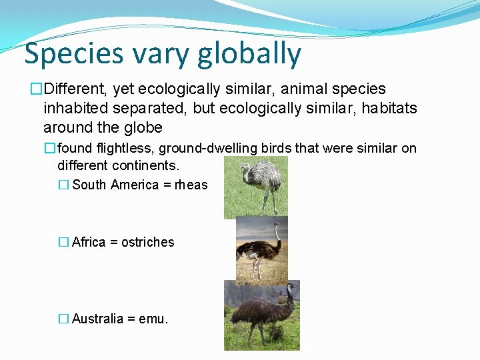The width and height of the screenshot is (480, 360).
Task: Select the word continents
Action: (x=147, y=164)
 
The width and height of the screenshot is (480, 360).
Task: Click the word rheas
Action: (x=191, y=185)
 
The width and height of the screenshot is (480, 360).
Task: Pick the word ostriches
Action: (x=148, y=242)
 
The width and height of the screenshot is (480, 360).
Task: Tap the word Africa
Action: (x=89, y=242)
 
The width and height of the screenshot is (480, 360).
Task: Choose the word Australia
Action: (x=97, y=319)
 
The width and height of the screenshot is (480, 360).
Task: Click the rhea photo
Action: (x=255, y=187)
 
